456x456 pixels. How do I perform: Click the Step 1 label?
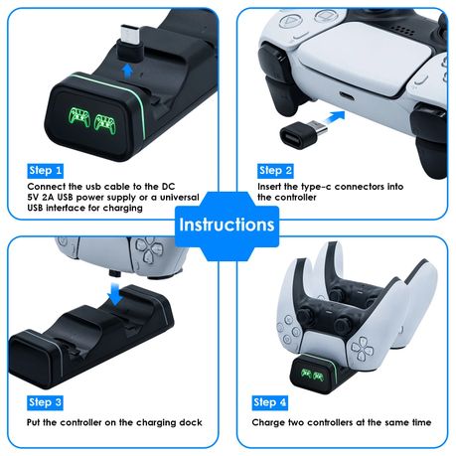[46, 170]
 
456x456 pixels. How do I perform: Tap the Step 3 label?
[46, 402]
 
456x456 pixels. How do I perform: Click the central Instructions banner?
[228, 225]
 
